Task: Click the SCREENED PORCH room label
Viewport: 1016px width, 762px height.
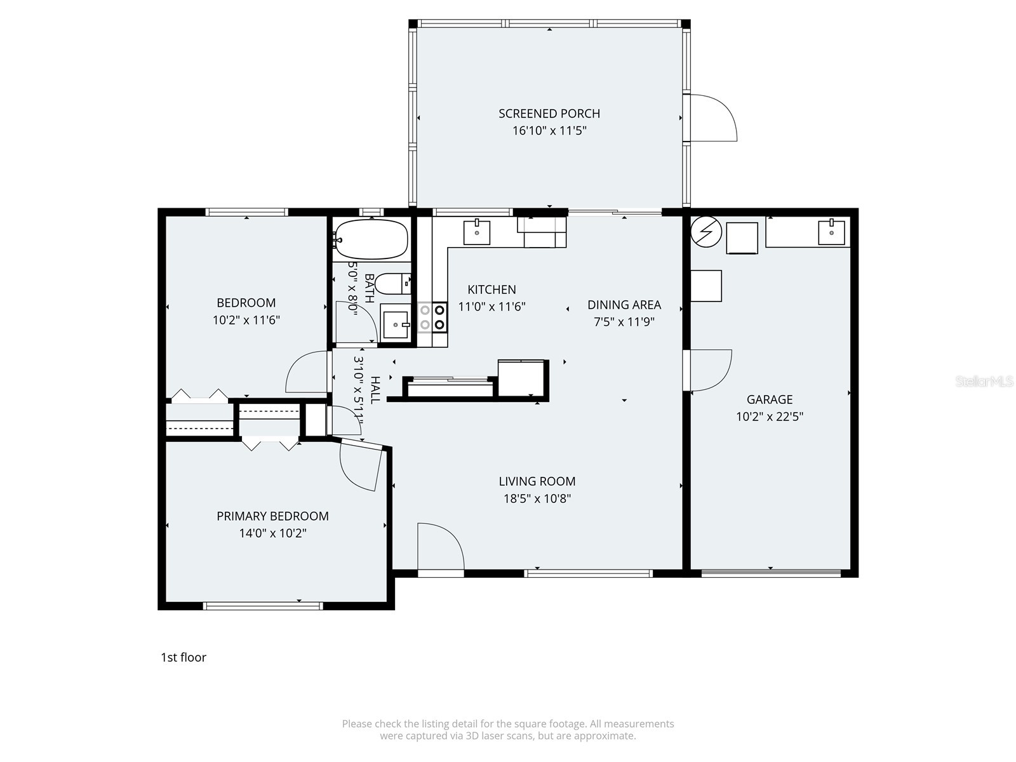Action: click(x=549, y=114)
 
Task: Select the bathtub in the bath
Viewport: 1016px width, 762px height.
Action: click(x=371, y=239)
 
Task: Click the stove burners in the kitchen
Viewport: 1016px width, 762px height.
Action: click(x=432, y=317)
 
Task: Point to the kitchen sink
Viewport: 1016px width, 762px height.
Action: click(x=476, y=232)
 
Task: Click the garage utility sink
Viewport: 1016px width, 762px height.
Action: click(x=831, y=232)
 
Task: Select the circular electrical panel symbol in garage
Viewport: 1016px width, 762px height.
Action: click(x=706, y=232)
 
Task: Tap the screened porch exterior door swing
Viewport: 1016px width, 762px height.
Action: click(x=714, y=118)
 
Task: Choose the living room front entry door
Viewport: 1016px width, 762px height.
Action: click(x=440, y=547)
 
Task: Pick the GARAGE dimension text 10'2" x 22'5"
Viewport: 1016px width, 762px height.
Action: click(x=770, y=417)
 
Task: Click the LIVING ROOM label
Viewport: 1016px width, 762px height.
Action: click(x=537, y=481)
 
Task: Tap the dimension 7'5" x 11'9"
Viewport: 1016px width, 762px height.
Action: click(x=624, y=322)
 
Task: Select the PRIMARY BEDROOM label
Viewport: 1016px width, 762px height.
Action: click(x=272, y=516)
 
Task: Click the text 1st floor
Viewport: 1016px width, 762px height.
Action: click(x=184, y=657)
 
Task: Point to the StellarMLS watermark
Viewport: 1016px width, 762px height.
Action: click(x=984, y=382)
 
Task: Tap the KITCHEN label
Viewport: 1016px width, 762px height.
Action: click(x=491, y=290)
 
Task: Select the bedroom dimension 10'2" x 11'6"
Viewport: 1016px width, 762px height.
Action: click(x=246, y=320)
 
